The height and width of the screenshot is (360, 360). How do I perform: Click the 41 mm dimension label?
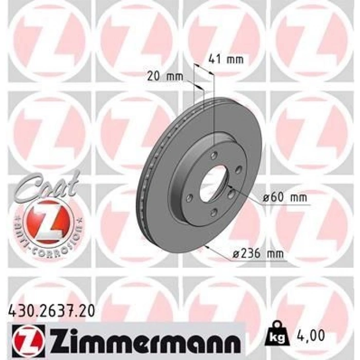226,60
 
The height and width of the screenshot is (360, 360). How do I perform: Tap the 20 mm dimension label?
165,77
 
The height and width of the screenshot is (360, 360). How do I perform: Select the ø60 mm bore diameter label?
285,197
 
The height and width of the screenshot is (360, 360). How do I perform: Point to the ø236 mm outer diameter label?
258,254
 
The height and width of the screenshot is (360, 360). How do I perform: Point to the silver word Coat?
46,187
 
